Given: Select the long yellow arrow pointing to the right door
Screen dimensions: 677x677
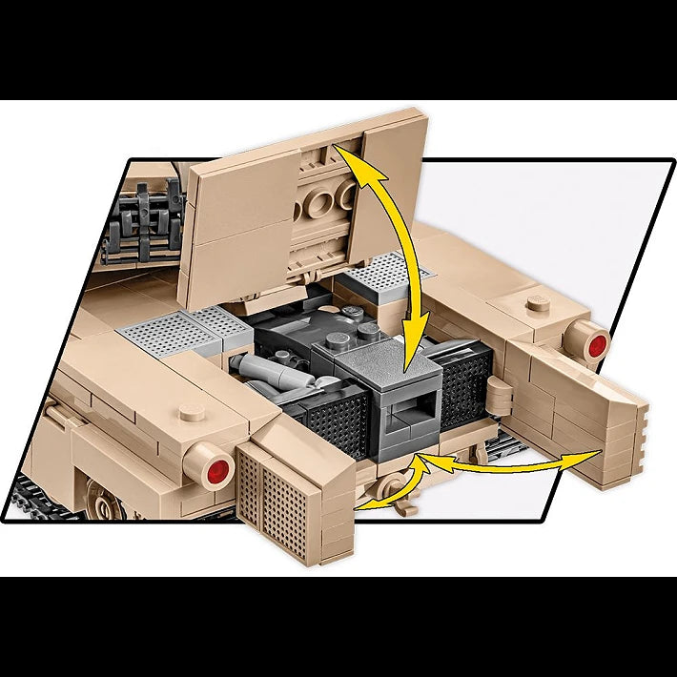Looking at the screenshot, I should coord(505,465).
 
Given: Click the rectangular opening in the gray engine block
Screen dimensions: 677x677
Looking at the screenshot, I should coord(403,414).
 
